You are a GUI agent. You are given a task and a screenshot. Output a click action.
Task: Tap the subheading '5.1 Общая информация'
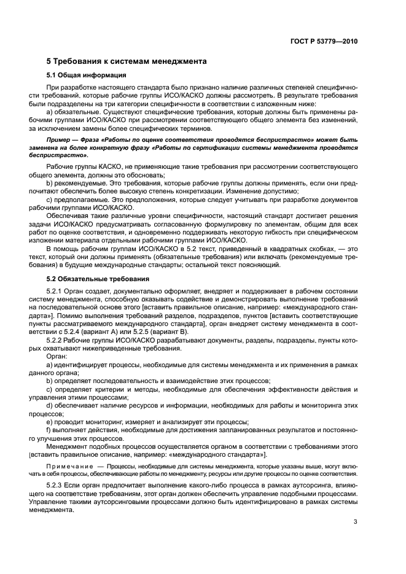tap(87, 76)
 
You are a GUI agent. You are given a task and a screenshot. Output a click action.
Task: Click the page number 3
tap(356, 522)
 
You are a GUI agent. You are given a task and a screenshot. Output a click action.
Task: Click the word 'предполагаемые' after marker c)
tap(81, 200)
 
